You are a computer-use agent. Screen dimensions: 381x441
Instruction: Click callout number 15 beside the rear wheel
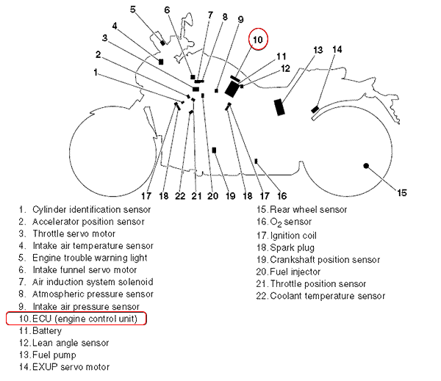(x=402, y=193)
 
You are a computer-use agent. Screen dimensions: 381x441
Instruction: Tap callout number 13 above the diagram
(x=318, y=50)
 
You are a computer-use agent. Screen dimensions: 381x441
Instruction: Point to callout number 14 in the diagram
(x=337, y=49)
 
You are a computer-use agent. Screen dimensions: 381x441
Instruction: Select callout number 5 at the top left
(x=132, y=9)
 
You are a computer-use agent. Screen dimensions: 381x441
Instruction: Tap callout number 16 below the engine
(x=282, y=196)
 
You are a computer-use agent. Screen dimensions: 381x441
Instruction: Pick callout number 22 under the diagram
(x=180, y=196)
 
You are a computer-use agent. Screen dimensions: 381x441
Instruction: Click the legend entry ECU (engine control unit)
(x=76, y=319)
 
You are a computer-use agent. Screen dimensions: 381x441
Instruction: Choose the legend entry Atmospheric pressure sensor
(x=93, y=294)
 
